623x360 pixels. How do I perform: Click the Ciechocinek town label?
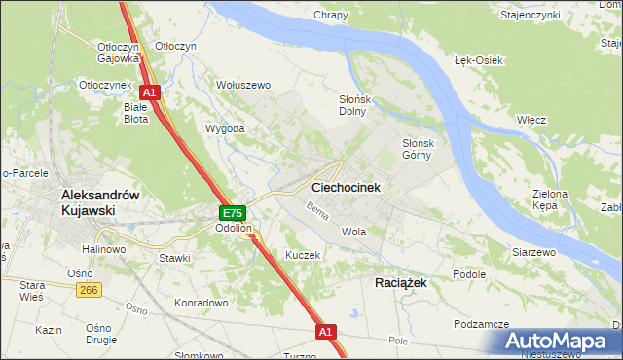(x=346, y=186)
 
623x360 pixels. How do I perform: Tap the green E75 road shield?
(x=232, y=213)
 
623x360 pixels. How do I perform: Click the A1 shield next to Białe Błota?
(x=152, y=93)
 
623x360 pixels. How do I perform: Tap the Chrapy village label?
(x=331, y=15)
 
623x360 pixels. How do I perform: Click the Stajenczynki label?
(x=557, y=16)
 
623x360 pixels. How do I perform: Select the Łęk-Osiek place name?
(x=479, y=60)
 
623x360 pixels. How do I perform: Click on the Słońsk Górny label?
(x=423, y=148)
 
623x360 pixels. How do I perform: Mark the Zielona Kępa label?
(x=550, y=199)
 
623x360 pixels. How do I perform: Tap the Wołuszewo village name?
(x=243, y=85)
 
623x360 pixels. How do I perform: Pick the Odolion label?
(x=234, y=229)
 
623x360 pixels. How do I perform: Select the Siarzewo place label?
(x=533, y=252)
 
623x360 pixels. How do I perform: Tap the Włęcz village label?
(x=531, y=119)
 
